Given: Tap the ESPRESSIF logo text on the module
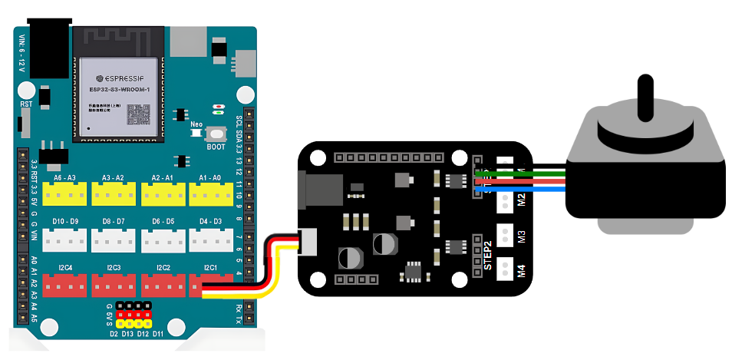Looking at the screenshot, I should [121, 78].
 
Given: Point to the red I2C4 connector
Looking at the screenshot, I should [65, 285].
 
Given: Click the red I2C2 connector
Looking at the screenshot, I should [163, 285].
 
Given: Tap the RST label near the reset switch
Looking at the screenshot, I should [26, 104].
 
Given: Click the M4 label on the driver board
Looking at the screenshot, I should [522, 270].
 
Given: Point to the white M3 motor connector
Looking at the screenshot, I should [506, 233].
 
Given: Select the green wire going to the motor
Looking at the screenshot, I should [529, 172].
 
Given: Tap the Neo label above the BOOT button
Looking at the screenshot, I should [196, 123].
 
